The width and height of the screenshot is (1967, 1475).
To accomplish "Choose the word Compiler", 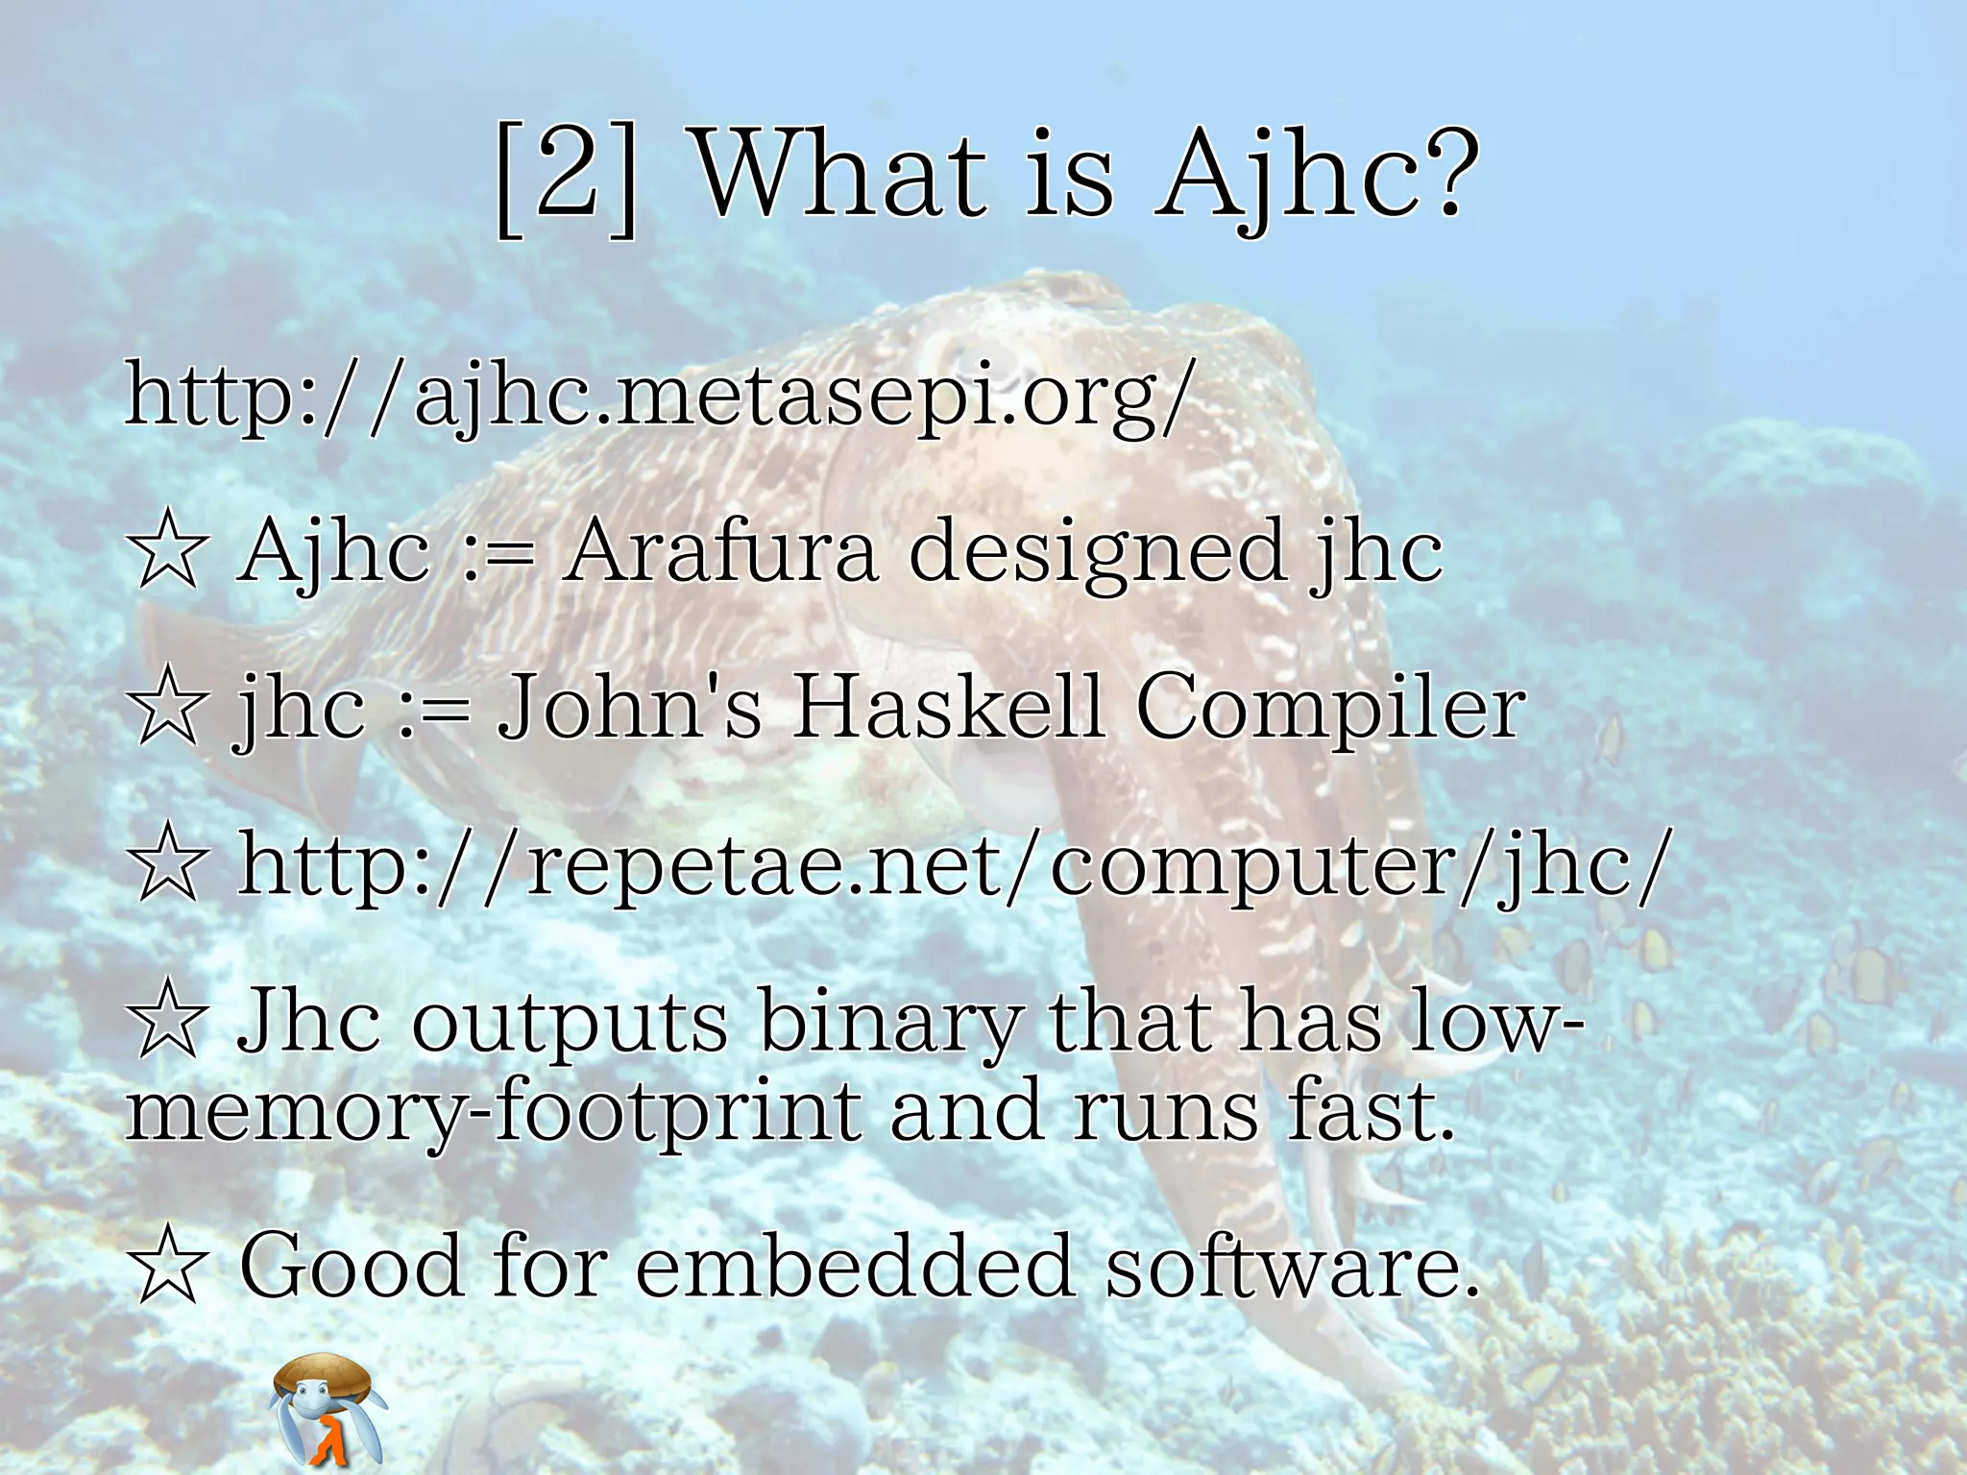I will [x=1330, y=711].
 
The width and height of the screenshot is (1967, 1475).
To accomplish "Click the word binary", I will [x=888, y=1024].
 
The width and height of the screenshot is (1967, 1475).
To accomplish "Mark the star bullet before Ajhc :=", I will [x=168, y=551].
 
